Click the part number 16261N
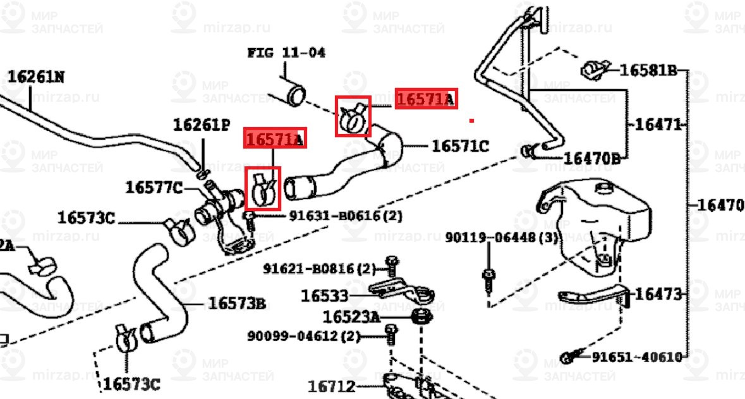pos(36,77)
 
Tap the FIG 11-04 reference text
pos(286,52)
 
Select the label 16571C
pos(460,147)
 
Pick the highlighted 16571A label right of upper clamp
pos(425,99)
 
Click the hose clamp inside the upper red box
pos(353,116)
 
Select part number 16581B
pos(648,70)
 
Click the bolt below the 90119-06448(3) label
pos(488,279)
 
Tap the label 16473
pos(658,294)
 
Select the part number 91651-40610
pos(637,357)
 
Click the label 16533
pos(324,295)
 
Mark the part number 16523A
pos(351,316)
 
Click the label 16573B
pos(237,304)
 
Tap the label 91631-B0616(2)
pos(346,216)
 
